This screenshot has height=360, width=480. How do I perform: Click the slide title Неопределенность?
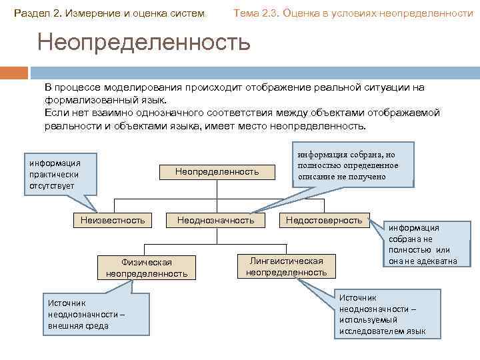pyautogui.click(x=144, y=43)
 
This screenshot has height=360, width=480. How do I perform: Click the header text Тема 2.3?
pyautogui.click(x=256, y=13)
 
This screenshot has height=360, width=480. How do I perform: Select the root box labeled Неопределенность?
pyautogui.click(x=217, y=172)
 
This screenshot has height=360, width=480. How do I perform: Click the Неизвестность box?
pyautogui.click(x=112, y=220)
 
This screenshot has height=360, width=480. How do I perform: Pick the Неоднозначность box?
pyautogui.click(x=215, y=220)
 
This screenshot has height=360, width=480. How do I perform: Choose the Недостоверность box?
pyautogui.click(x=324, y=220)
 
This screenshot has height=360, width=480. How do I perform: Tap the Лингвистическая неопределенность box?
pyautogui.click(x=286, y=266)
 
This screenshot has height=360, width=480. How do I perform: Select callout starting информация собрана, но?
pyautogui.click(x=352, y=165)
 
